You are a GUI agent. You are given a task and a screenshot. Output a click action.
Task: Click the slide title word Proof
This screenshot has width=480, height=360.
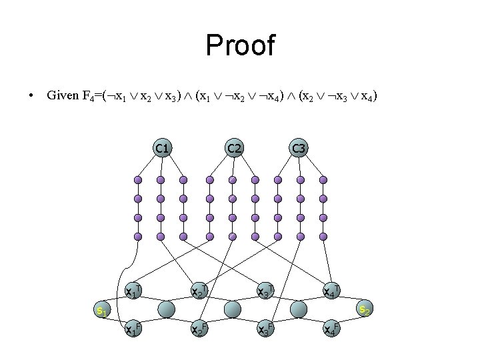click(x=240, y=45)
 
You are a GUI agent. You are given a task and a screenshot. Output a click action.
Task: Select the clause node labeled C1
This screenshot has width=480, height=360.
click(x=161, y=148)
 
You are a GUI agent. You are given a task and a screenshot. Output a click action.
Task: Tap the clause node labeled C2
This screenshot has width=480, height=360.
click(x=233, y=148)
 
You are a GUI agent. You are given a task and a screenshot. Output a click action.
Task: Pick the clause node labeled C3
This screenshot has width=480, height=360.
click(x=299, y=148)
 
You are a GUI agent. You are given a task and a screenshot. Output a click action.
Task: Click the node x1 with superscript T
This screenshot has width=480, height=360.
click(x=133, y=291)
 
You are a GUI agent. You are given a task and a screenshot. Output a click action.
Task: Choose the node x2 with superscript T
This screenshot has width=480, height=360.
click(x=199, y=291)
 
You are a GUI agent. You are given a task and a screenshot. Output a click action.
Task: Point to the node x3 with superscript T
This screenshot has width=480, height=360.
click(x=265, y=291)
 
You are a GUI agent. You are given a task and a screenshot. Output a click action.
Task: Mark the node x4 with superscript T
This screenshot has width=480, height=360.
click(x=331, y=291)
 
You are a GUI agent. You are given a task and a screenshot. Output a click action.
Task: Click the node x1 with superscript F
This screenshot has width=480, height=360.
click(x=133, y=328)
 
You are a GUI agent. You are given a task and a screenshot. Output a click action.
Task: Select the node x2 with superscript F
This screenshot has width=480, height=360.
click(x=199, y=328)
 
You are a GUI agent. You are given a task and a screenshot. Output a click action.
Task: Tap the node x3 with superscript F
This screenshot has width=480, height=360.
click(x=265, y=328)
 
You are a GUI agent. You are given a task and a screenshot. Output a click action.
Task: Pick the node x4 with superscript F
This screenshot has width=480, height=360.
click(x=331, y=328)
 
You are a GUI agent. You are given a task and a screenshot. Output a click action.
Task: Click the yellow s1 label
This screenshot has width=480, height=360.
click(x=102, y=311)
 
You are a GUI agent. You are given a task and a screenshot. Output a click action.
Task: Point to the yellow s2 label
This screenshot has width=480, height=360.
click(x=364, y=309)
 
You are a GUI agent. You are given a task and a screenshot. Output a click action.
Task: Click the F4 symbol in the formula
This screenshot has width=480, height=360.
click(x=88, y=97)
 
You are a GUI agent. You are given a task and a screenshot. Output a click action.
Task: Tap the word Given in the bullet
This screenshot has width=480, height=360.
click(x=63, y=97)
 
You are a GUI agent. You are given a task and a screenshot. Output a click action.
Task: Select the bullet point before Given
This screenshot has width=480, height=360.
click(x=32, y=97)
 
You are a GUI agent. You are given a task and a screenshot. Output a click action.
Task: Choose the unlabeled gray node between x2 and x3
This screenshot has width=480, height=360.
click(x=232, y=309)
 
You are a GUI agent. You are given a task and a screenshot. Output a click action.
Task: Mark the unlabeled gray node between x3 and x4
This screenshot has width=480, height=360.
click(x=298, y=309)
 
